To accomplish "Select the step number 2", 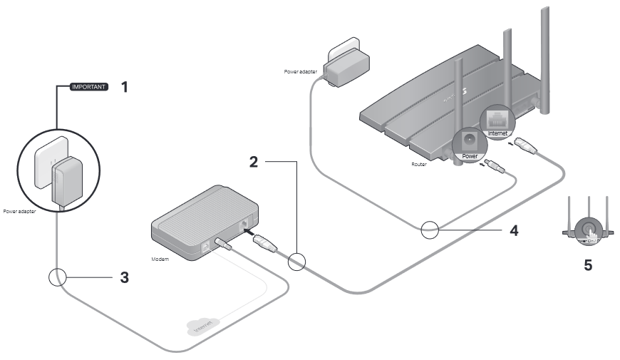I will [x=253, y=162].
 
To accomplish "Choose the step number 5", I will [x=587, y=265].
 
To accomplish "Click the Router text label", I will [x=419, y=163].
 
